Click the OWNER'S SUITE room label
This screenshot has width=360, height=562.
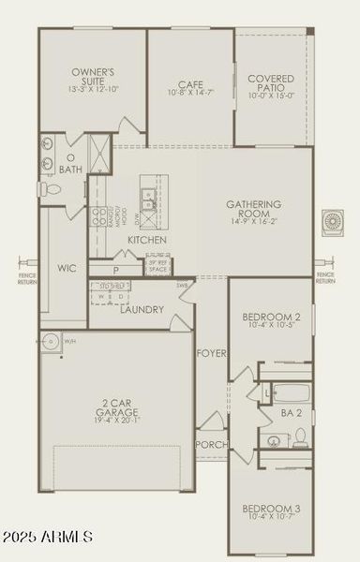point(93,77)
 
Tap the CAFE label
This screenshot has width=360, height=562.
point(190,82)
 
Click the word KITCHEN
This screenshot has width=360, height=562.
point(147,241)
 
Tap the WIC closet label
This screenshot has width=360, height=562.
point(66,268)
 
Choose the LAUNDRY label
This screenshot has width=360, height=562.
point(142,310)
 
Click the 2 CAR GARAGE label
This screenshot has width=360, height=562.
point(118,408)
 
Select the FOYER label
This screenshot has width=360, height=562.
point(211,353)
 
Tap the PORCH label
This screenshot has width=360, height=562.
point(211,444)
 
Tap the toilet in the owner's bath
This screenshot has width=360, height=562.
point(52,189)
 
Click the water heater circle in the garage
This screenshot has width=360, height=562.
point(50,341)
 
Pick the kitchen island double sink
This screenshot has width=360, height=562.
point(148,198)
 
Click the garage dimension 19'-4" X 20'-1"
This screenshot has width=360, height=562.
point(118,421)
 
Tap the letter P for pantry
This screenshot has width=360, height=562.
point(115,270)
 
